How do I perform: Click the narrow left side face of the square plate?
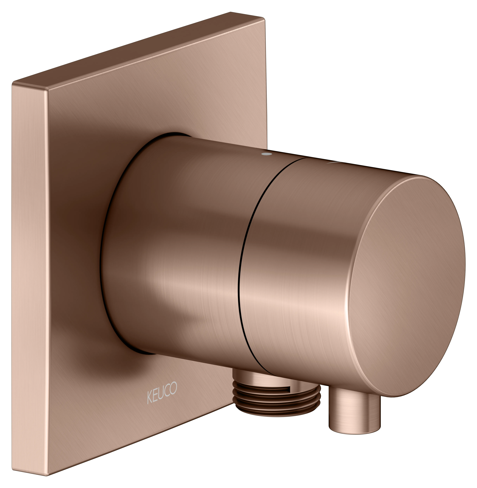pyautogui.click(x=30, y=275)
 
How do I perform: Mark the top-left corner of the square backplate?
pyautogui.click(x=14, y=83)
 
